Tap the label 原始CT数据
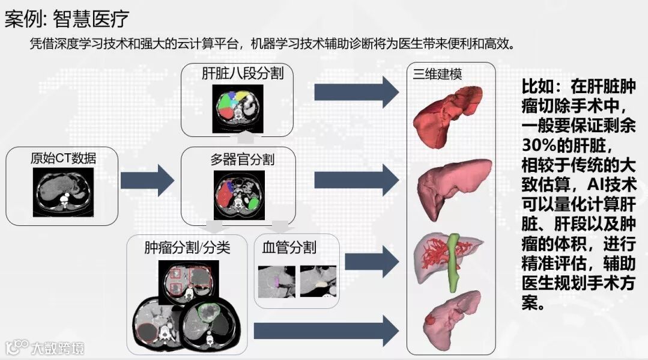tap(63, 158)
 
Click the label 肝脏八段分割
tap(243, 74)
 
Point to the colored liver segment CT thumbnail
tap(238, 108)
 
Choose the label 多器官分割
tap(242, 159)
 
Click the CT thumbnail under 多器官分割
tap(239, 194)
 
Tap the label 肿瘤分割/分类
tap(187, 247)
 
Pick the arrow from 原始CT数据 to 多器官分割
tap(147, 180)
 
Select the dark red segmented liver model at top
tap(451, 115)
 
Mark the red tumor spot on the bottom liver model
tap(431, 320)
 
